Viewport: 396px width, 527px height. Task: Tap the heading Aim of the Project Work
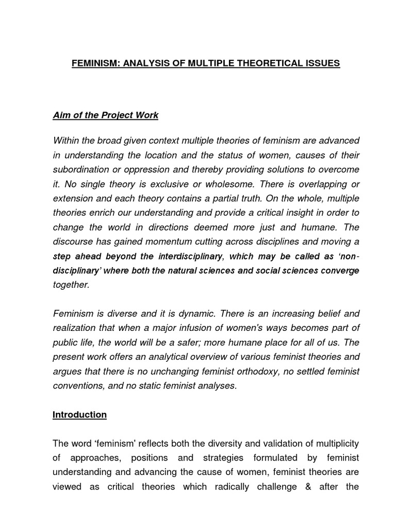coord(106,115)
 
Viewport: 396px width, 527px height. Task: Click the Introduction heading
coord(79,415)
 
